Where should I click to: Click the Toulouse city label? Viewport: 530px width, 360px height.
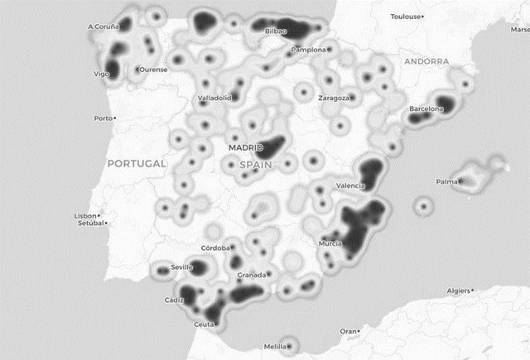(x=406, y=17)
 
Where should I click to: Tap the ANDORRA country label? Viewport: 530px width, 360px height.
(x=426, y=61)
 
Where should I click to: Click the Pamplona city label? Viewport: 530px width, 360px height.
(x=309, y=50)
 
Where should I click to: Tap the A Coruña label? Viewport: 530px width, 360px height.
(x=104, y=26)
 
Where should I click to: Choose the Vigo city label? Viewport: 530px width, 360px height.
(x=101, y=74)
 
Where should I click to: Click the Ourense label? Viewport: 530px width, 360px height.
(x=153, y=69)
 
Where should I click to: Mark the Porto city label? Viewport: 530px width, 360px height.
(x=103, y=118)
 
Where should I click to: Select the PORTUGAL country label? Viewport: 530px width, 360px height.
(x=137, y=163)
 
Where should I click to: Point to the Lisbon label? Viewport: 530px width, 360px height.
(x=86, y=216)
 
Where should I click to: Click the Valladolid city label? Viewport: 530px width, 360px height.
(x=214, y=98)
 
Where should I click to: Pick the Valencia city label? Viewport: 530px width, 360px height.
(x=350, y=185)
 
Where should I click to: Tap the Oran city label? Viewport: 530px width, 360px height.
(x=348, y=331)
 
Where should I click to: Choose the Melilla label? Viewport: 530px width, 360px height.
(x=275, y=347)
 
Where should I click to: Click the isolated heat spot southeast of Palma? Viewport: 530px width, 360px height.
(x=424, y=205)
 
